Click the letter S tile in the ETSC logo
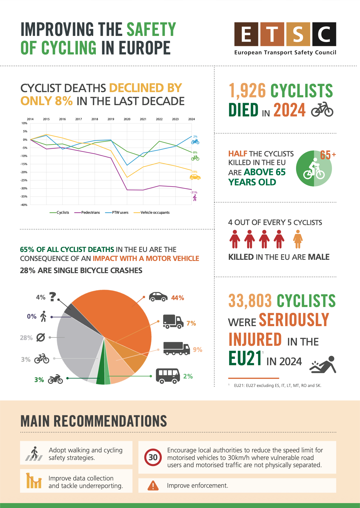pyautogui.click(x=298, y=34)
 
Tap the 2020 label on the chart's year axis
pyautogui.click(x=127, y=119)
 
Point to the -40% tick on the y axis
pyautogui.click(x=24, y=205)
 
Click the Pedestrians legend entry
pyautogui.click(x=87, y=213)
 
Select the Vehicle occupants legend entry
pyautogui.click(x=152, y=213)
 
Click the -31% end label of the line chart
pyautogui.click(x=194, y=192)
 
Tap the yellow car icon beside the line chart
pyautogui.click(x=195, y=177)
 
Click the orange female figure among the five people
pyautogui.click(x=298, y=239)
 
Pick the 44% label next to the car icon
pyautogui.click(x=178, y=298)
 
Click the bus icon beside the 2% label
pyautogui.click(x=168, y=376)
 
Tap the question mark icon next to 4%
pyautogui.click(x=52, y=297)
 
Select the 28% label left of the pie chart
pyautogui.click(x=26, y=338)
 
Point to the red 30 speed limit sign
pyautogui.click(x=153, y=457)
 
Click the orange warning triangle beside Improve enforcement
pyautogui.click(x=153, y=485)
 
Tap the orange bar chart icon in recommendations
pyautogui.click(x=34, y=481)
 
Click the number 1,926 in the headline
pyautogui.click(x=247, y=91)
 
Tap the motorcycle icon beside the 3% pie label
pyautogui.click(x=55, y=379)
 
